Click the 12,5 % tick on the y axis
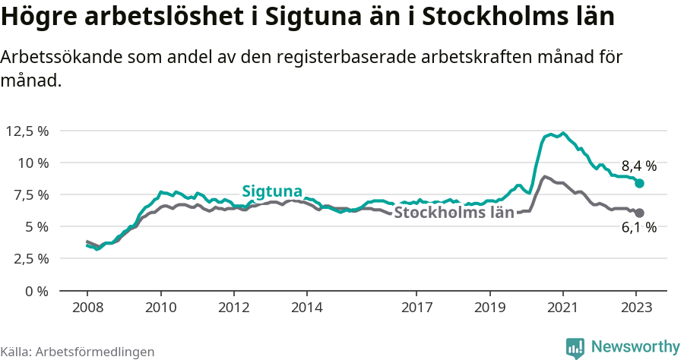pos(27,131)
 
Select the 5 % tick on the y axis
pos(37,226)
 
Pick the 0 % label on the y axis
pos(37,290)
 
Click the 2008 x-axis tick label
pos(87,309)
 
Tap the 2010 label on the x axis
pos(160,309)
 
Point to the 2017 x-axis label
pos(416,309)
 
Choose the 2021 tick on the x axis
pos(562,309)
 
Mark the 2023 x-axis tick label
pos(636,309)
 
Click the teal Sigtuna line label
pos(272,191)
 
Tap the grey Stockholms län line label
pos(454,213)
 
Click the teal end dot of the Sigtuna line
pos(640,184)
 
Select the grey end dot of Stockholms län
pos(640,213)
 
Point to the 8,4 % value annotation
pos(638,166)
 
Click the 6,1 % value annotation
pos(638,228)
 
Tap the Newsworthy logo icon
pos(575,348)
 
